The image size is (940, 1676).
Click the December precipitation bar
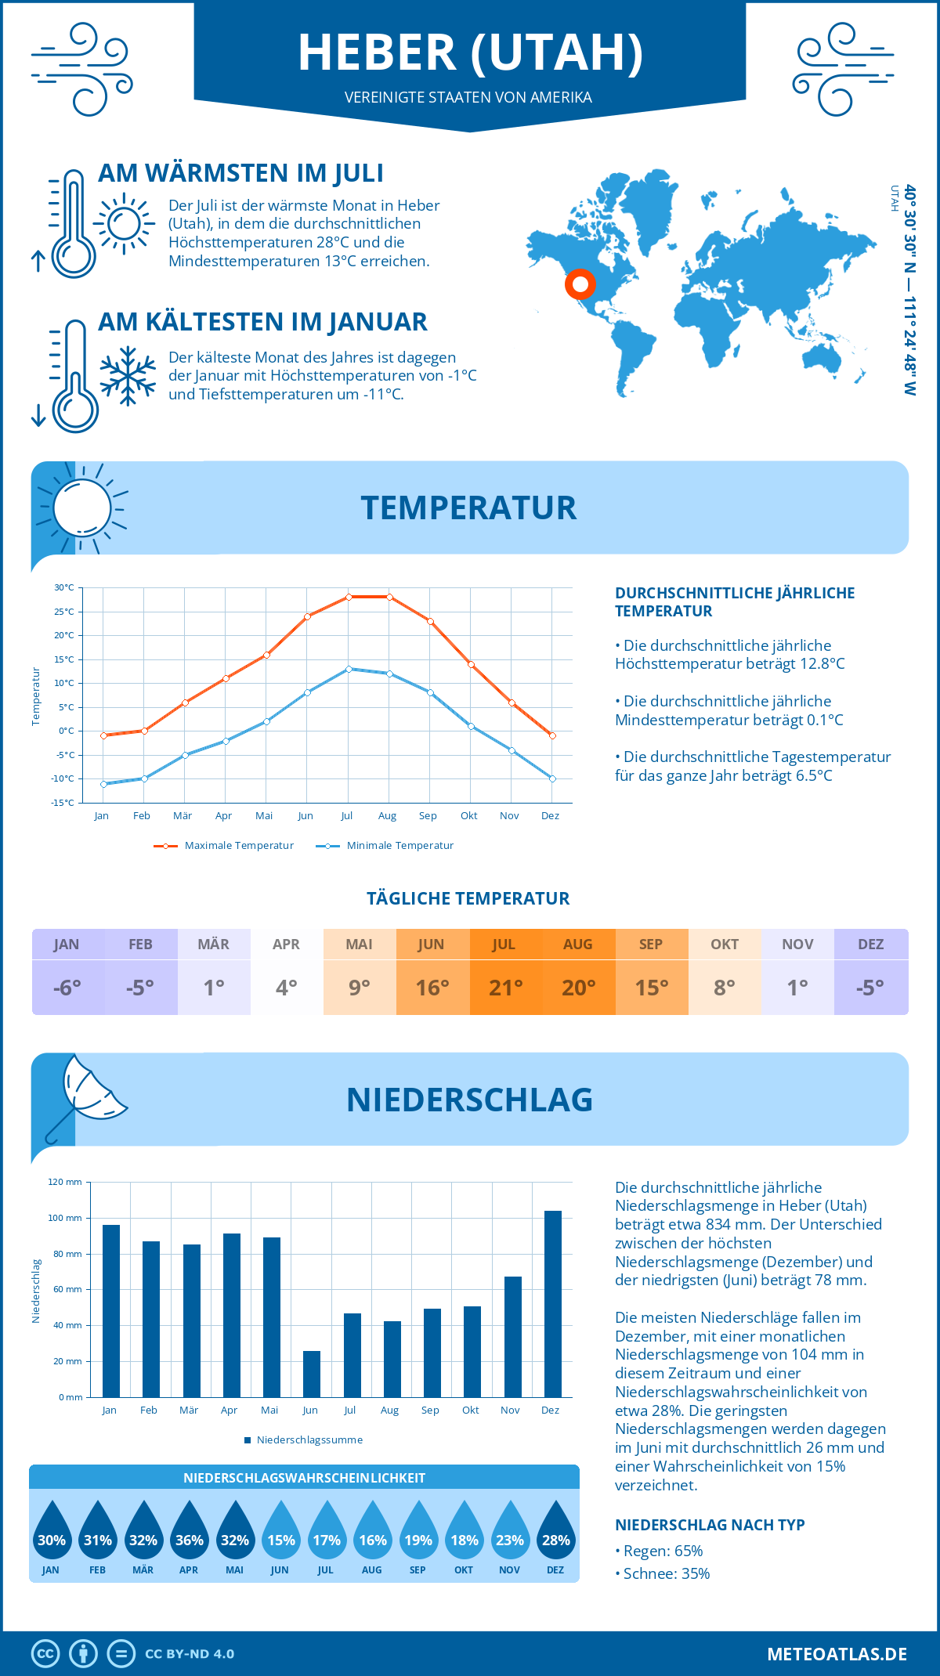point(552,1304)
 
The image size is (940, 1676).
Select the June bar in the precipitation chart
point(311,1374)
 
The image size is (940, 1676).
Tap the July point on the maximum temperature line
point(349,597)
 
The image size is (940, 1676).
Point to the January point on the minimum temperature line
point(103,784)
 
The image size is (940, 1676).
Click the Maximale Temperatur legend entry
point(224,846)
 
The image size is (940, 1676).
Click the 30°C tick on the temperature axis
point(64,587)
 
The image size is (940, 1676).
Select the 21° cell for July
point(505,988)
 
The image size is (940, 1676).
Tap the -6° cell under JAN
point(67,988)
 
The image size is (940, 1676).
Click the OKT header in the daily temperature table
point(725,945)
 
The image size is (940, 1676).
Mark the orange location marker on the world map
point(580,284)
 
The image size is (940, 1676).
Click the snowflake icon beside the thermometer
point(128,376)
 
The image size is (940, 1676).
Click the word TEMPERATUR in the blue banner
point(468,508)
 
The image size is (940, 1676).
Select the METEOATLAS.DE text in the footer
point(837,1654)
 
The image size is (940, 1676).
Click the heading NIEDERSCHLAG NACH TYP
point(710,1525)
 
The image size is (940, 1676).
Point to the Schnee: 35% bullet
point(663,1573)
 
